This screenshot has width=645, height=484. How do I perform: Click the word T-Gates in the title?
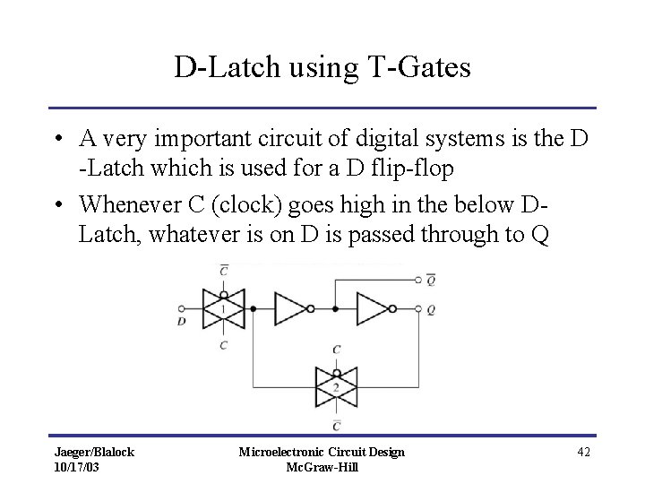point(417,68)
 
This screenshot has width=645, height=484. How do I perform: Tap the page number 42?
point(584,452)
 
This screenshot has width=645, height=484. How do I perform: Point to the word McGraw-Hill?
point(320,467)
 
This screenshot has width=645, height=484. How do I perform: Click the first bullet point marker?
point(56,140)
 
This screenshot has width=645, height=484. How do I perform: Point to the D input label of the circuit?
point(183,322)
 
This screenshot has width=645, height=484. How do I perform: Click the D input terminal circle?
point(183,308)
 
